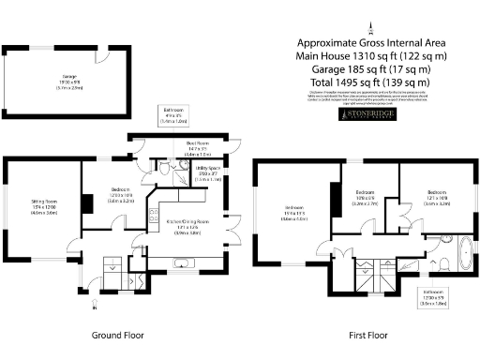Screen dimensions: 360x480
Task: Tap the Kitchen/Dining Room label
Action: (x=188, y=224)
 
